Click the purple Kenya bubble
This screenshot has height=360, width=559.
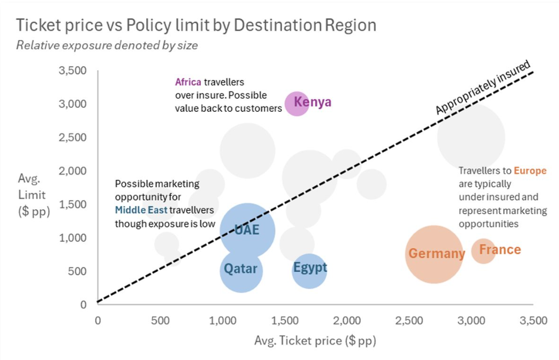pos(296,104)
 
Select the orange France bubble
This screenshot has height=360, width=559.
pos(483,251)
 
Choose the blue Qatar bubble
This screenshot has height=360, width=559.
pos(241,270)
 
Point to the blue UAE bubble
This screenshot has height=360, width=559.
pos(247,231)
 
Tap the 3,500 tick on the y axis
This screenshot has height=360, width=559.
pos(73,71)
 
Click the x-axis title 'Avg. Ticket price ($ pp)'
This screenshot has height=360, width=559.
pos(315,341)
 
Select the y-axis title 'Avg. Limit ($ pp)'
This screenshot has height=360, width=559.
pos(34,195)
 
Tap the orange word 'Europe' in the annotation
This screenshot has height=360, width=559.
pos(529,171)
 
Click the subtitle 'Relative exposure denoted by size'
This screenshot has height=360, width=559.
pos(107,45)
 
